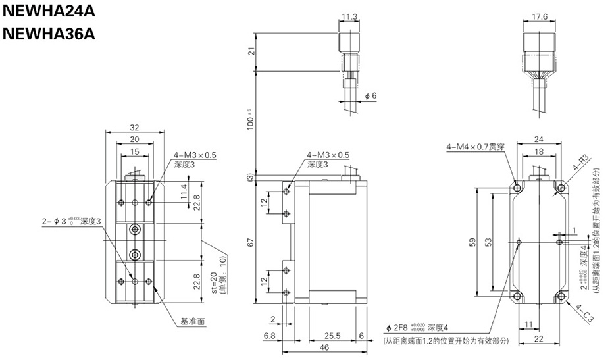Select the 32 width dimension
[x=134, y=128]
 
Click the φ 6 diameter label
[x=370, y=96]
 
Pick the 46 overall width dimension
[x=324, y=347]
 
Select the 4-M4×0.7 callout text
[x=475, y=147]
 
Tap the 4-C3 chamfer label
[x=584, y=311]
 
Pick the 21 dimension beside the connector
[x=250, y=52]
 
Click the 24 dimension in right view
[x=539, y=140]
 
